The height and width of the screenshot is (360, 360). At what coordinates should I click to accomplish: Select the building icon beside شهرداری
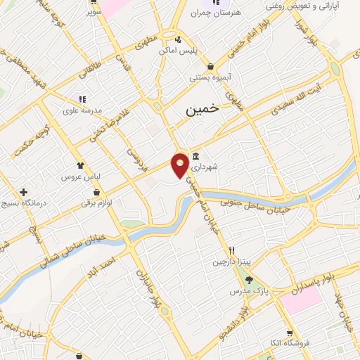coord(195,156)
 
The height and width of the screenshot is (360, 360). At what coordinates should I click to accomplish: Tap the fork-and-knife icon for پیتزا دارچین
coord(230,251)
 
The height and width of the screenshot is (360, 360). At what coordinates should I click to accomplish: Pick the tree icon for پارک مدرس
coord(249,279)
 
